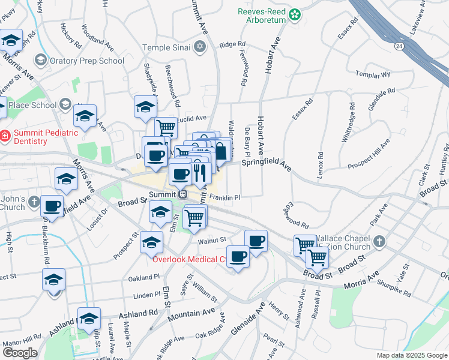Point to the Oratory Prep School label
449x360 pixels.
point(88,60)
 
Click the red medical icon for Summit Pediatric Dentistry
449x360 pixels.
point(5,136)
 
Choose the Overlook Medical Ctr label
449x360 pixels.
point(189,260)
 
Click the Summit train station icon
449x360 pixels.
point(182,194)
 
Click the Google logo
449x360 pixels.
point(20,353)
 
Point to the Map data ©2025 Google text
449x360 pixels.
point(411,355)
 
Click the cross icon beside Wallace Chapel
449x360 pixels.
point(378,242)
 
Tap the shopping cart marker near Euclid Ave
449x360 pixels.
point(166,127)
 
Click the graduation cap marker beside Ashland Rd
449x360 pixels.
point(89,318)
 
